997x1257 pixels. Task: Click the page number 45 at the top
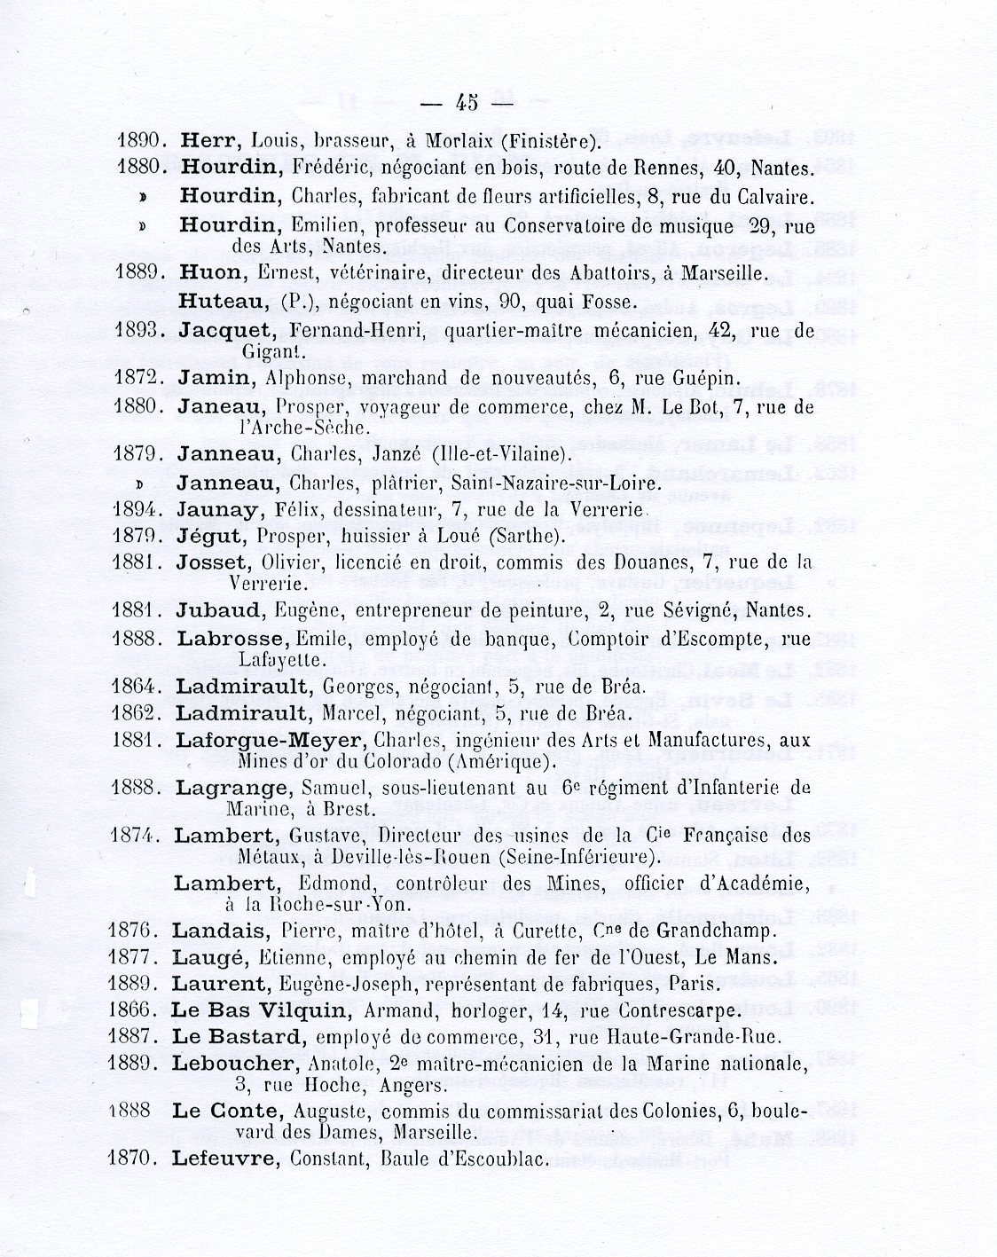pos(467,103)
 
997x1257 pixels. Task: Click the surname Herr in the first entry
pos(206,140)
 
